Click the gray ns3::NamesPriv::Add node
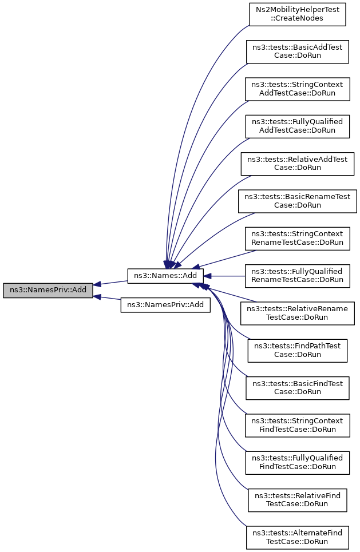coord(48,290)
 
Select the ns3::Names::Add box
coord(165,276)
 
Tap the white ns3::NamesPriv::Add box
coord(165,305)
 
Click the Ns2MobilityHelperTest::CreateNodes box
coord(298,14)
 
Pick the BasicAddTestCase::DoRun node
coord(297,51)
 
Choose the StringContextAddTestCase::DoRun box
coord(297,89)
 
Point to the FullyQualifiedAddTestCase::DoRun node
coord(297,126)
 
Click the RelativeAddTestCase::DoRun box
coord(297,164)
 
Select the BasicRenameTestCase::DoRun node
coord(297,201)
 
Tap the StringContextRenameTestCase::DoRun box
coord(297,238)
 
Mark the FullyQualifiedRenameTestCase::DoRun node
coord(297,276)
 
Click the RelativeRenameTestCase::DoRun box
coord(297,313)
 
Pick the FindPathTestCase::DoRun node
coord(297,350)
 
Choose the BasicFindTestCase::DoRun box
coord(297,387)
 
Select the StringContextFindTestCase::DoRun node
coord(297,425)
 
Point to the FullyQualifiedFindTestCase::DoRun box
coord(297,462)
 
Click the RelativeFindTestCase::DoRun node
coord(297,499)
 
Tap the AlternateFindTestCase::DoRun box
coord(297,537)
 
